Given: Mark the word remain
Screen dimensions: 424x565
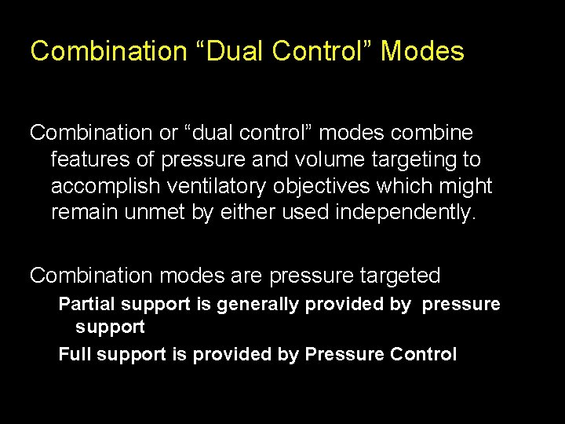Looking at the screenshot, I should pyautogui.click(x=84, y=213).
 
